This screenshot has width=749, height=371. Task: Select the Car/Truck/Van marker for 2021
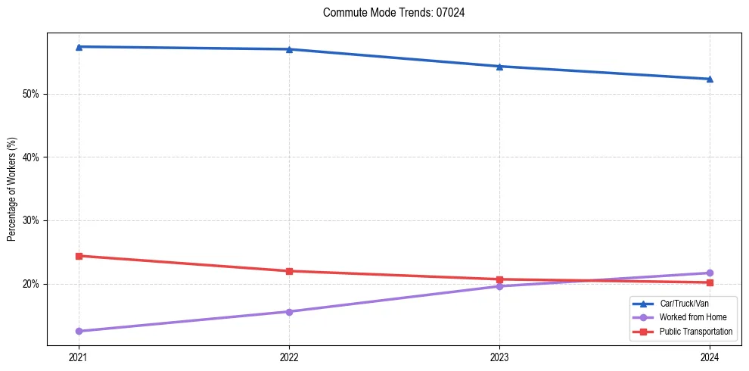79,47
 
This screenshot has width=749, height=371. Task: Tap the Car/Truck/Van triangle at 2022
289,49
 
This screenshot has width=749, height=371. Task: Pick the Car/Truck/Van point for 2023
499,67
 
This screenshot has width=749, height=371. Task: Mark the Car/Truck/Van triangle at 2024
710,79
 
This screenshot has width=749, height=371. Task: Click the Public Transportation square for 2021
79,256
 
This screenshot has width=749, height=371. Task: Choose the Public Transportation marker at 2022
289,271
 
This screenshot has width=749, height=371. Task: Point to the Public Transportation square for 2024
710,282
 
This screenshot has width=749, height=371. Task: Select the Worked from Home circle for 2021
79,331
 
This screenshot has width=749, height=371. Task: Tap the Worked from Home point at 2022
289,312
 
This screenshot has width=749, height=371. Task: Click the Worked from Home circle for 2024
710,273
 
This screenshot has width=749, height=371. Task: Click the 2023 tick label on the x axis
499,357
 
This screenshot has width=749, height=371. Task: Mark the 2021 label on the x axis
79,357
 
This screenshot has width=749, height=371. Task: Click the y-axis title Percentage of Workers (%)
12,189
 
